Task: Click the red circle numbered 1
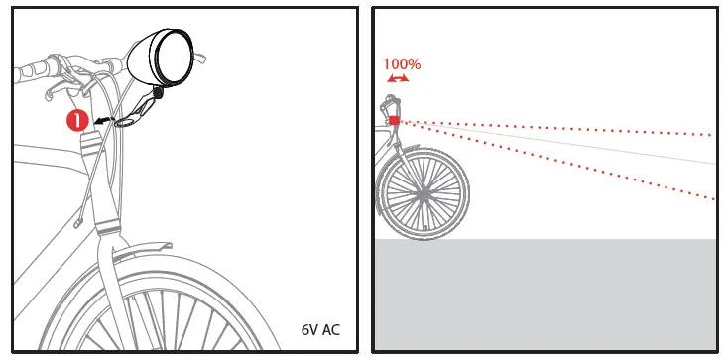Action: coord(76,121)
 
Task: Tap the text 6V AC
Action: coord(319,329)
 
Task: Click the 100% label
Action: coord(402,64)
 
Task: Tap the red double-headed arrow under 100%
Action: coord(397,78)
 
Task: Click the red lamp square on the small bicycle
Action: coord(394,120)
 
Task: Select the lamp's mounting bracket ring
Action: coord(127,123)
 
